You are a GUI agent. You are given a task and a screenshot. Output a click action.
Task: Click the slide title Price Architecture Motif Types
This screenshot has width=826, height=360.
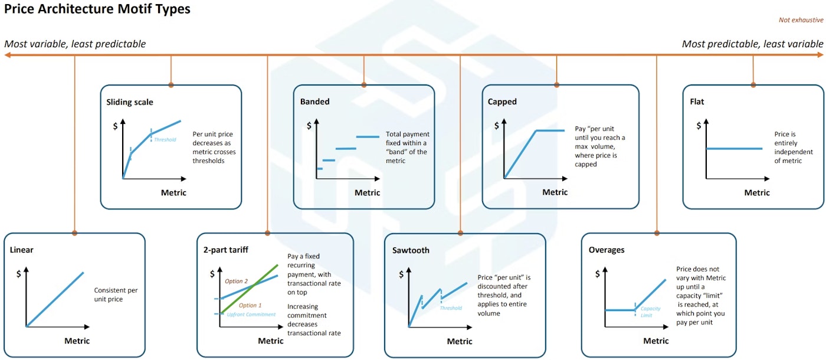click(97, 9)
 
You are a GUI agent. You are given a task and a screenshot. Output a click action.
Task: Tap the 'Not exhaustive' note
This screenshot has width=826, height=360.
click(801, 20)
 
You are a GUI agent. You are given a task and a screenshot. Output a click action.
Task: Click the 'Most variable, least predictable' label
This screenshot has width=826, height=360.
click(75, 44)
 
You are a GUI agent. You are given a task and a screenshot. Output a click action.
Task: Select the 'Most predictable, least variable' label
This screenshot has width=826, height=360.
click(752, 44)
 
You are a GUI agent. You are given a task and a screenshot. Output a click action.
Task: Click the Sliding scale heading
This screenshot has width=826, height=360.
click(130, 102)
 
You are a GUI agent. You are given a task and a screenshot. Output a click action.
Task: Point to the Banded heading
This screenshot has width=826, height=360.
click(315, 102)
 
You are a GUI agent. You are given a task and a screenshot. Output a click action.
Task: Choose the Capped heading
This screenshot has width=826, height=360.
click(502, 102)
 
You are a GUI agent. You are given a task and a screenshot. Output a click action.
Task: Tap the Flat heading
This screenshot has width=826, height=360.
click(697, 102)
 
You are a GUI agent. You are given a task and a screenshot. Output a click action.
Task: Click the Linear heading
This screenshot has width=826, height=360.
click(22, 250)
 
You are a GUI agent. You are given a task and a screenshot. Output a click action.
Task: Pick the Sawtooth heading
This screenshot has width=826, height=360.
click(411, 250)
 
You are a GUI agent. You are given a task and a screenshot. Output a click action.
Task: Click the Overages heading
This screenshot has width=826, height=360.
click(607, 250)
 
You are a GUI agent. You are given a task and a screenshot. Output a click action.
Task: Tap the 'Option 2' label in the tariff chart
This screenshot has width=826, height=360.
click(237, 281)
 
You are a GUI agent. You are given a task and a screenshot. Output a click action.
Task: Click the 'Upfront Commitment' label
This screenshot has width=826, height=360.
click(251, 315)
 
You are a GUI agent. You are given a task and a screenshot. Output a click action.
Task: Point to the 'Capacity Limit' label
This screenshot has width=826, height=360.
click(650, 312)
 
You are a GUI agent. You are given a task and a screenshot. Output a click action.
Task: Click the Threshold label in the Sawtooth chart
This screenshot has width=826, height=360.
click(451, 307)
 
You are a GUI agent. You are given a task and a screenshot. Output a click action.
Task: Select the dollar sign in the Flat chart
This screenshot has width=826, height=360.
click(699, 125)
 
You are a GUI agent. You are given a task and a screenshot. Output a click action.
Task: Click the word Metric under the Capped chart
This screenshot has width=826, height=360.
click(555, 192)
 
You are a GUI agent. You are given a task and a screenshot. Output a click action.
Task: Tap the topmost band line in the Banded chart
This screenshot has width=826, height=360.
click(368, 137)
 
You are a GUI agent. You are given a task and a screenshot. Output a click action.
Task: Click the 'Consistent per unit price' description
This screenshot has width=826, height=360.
click(116, 294)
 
